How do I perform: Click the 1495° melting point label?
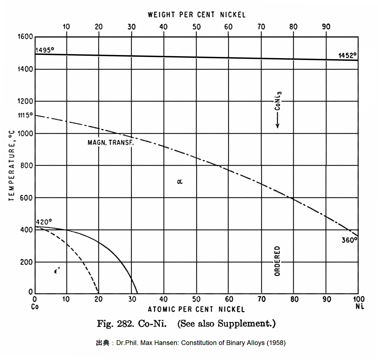pos(45,50)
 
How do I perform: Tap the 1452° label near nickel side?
pos(347,56)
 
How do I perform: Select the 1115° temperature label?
pos(25,115)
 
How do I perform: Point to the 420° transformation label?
pos(44,222)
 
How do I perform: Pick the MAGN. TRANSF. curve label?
pos(110,142)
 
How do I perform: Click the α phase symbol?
pos(180,182)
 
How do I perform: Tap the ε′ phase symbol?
pos(57,271)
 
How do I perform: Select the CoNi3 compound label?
pos(278,101)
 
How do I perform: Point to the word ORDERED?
pos(277,261)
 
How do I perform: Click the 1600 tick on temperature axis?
pos(25,37)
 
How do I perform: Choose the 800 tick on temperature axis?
pos(26,166)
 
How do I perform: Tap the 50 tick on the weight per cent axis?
pos(196,27)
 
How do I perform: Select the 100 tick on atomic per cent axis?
pos(359,299)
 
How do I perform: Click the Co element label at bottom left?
pos(35,307)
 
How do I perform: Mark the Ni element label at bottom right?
pos(360,306)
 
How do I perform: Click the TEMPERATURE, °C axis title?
pos(11,165)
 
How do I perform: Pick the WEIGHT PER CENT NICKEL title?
pos(196,15)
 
